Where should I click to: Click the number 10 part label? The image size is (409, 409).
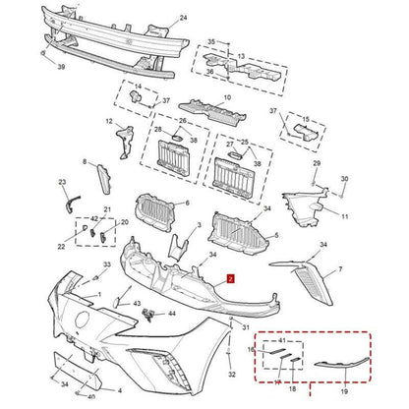point(229,98)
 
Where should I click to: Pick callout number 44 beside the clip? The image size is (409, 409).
point(172,314)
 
